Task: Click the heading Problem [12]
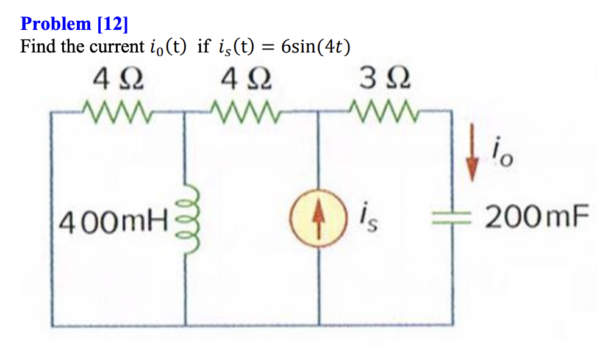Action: pos(74,24)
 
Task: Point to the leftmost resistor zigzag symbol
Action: pos(116,112)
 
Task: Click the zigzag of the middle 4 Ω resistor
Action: pos(247,112)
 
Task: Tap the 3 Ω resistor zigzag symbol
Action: pos(383,112)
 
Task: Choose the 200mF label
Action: pos(537,216)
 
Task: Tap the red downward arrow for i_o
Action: pos(471,160)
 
